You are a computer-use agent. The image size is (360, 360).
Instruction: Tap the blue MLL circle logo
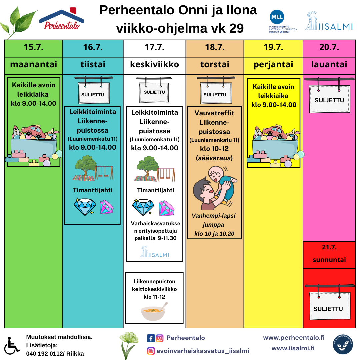tap(277, 17)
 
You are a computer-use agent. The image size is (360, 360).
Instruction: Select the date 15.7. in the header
tap(34, 47)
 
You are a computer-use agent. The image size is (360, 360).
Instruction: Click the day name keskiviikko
tap(155, 64)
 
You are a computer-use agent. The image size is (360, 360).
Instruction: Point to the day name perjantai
tap(273, 65)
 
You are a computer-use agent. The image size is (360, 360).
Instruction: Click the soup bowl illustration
tap(154, 312)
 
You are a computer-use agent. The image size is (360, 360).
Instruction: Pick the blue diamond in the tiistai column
tap(85, 207)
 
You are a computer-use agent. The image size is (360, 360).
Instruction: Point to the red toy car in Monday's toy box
tap(34, 131)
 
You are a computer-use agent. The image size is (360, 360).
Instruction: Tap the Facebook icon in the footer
tap(151, 338)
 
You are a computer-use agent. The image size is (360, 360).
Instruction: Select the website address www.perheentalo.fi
tap(294, 337)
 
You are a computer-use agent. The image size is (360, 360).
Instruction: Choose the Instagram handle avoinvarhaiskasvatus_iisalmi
tap(203, 351)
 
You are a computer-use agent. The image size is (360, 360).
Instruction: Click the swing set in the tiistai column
tap(104, 173)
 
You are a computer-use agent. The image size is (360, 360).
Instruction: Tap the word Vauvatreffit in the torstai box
tap(214, 113)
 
